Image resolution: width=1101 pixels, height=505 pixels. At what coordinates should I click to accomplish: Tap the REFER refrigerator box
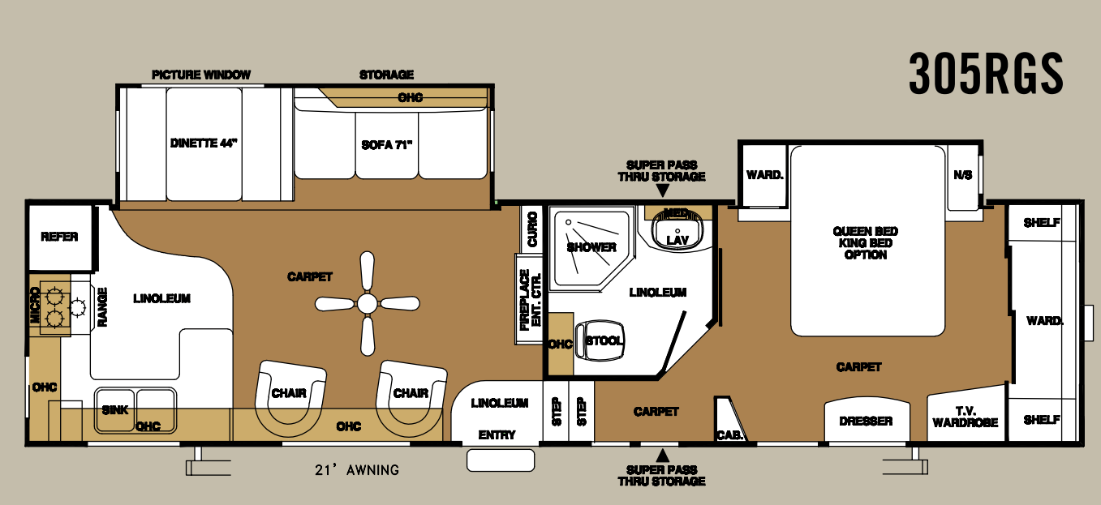(59, 237)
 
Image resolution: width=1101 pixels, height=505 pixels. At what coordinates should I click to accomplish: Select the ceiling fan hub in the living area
(368, 304)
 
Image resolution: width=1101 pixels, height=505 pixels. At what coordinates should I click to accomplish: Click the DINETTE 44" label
(204, 143)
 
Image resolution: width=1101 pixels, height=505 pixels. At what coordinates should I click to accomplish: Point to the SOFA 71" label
(387, 146)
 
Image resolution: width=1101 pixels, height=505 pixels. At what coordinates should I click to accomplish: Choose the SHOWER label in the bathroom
(591, 247)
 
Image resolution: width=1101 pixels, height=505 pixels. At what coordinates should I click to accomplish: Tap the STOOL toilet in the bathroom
(604, 341)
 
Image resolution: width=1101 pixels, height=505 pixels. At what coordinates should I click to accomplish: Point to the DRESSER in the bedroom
(866, 421)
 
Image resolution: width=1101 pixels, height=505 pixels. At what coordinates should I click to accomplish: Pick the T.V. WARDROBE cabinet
(966, 417)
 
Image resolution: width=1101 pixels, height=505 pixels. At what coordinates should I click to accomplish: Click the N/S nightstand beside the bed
(963, 176)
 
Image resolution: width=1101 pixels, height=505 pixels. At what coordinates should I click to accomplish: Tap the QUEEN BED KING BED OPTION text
(866, 243)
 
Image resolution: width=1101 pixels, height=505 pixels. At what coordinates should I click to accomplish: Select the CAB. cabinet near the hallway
(726, 434)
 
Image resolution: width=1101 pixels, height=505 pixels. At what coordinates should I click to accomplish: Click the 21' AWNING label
(357, 470)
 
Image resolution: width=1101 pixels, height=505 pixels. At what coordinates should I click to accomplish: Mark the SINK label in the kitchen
(115, 410)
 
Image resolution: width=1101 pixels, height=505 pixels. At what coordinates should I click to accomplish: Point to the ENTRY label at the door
(497, 435)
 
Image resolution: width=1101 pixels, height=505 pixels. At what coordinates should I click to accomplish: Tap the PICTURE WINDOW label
(201, 75)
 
